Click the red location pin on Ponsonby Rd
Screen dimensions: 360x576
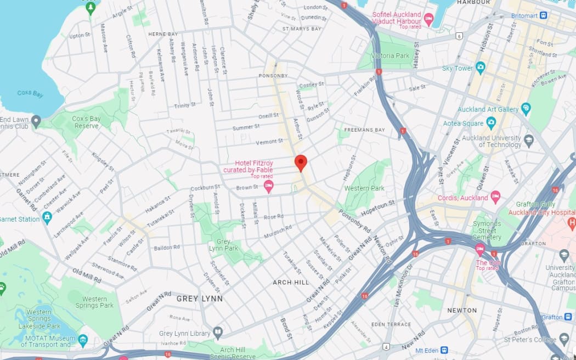[301, 162]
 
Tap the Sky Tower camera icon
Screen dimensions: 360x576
[481, 68]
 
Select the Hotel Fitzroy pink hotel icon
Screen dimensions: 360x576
[268, 187]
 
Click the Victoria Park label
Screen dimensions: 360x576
[390, 56]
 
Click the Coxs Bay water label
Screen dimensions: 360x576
[30, 94]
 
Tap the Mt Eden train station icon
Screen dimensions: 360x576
[444, 350]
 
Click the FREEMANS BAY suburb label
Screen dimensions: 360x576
[363, 130]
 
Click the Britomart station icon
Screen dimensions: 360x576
[543, 15]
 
